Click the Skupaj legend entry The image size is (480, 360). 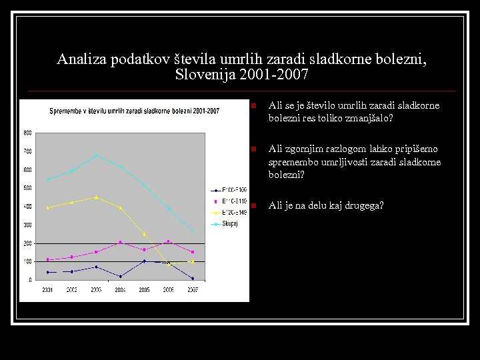coord(229,224)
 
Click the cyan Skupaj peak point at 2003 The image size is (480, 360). coord(96,155)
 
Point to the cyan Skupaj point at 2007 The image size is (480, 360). coord(193,231)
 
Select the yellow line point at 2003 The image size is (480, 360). coord(96,197)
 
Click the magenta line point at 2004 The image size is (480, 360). coord(120,242)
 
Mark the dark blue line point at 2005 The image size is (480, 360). coord(144,261)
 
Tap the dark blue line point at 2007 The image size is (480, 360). coord(193,279)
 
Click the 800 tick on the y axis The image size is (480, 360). coord(27,133)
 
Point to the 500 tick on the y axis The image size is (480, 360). coord(27,188)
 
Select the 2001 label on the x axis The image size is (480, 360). coord(47,290)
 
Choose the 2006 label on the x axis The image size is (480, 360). coord(168,290)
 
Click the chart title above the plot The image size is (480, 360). coord(134,111)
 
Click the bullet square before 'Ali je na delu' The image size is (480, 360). coord(247,205)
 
